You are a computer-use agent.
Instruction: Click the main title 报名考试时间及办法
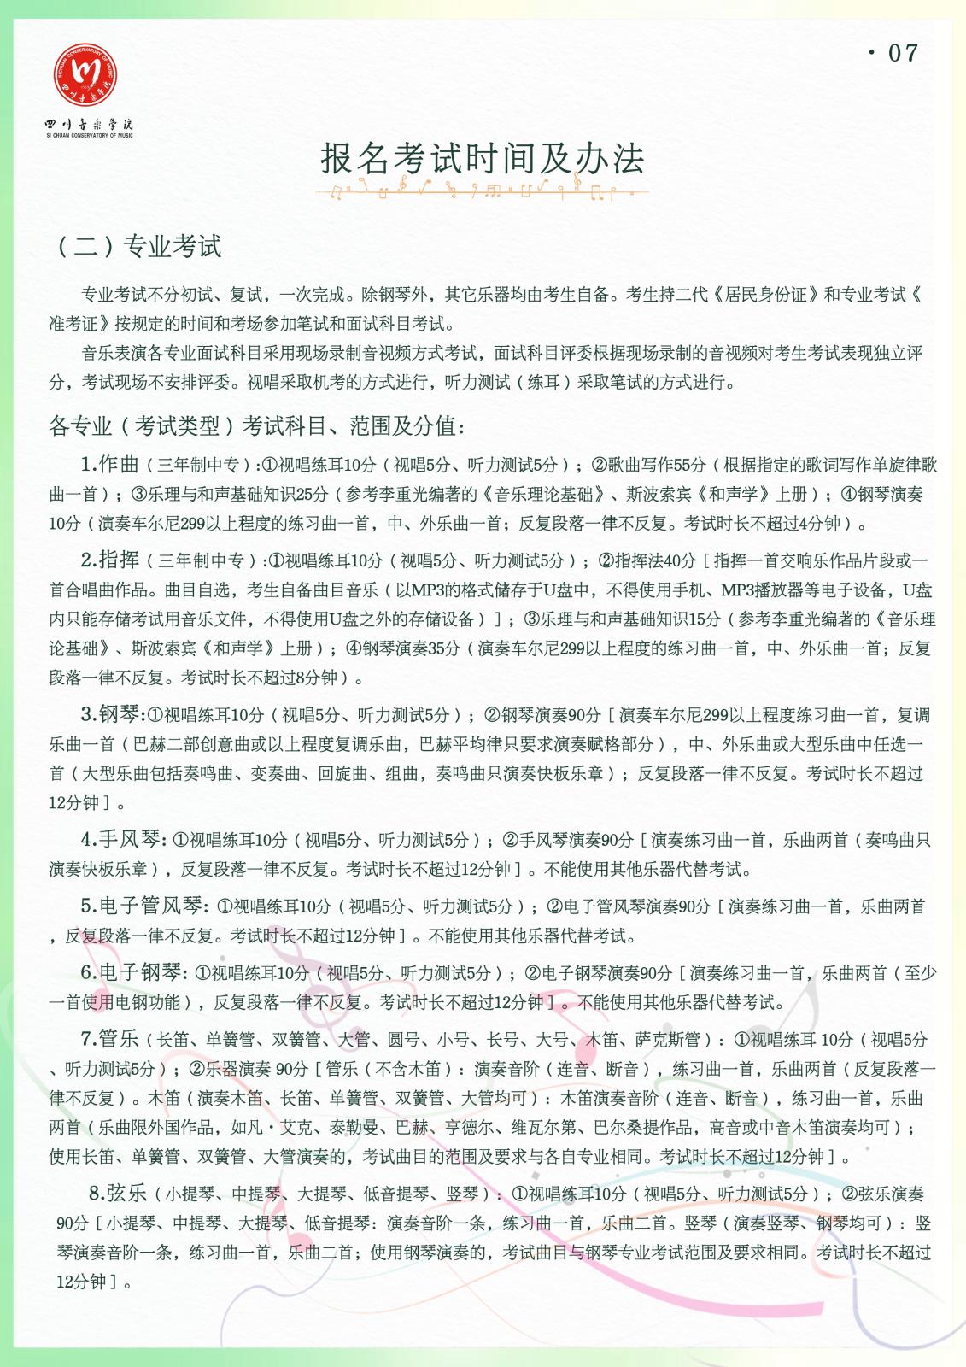(x=483, y=159)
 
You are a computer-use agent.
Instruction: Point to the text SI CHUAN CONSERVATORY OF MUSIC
(x=90, y=136)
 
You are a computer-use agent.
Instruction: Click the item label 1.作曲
(x=110, y=464)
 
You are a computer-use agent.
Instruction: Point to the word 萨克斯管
(x=668, y=1040)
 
